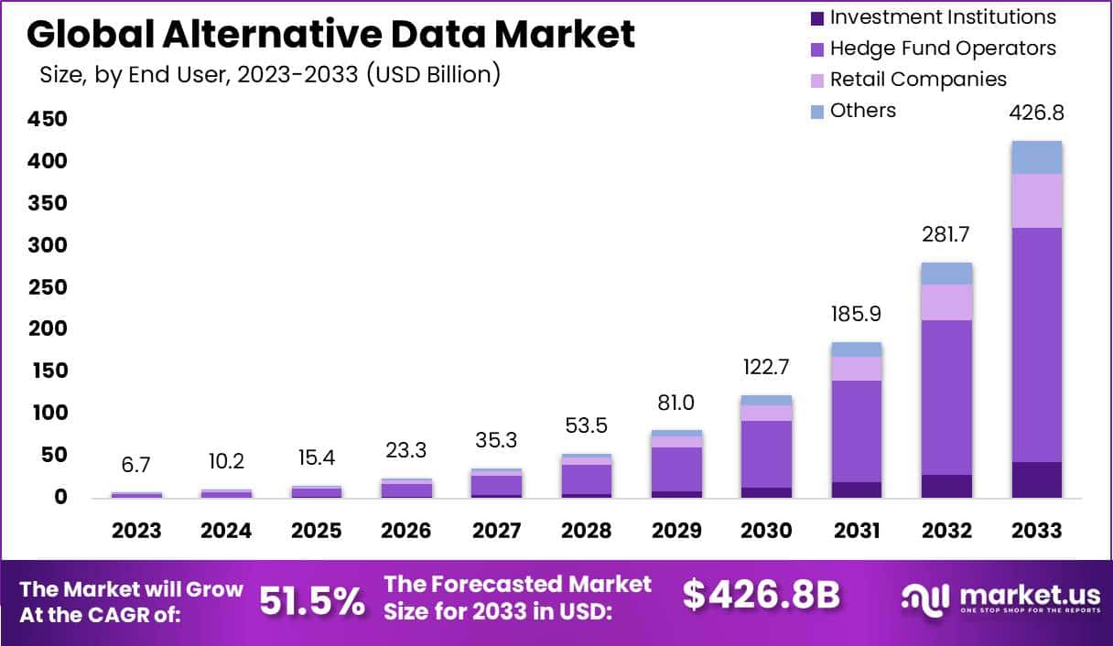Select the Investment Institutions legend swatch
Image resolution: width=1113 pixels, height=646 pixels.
tap(816, 18)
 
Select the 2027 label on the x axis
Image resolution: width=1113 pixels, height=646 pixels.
tap(497, 531)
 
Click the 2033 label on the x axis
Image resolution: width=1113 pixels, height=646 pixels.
tap(1036, 531)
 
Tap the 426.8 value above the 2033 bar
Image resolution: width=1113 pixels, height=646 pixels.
tap(1036, 113)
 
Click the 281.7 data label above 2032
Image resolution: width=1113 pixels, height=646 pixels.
tap(946, 234)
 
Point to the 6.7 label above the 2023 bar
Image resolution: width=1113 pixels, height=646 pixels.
tap(136, 465)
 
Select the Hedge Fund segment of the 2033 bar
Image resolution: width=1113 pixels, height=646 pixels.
tap(1036, 345)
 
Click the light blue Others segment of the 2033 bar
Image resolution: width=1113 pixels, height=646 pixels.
tap(1036, 157)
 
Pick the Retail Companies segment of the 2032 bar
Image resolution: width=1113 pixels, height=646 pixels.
tap(946, 302)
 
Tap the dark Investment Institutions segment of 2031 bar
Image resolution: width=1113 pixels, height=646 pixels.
tap(857, 490)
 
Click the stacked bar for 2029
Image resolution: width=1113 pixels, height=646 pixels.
tap(676, 465)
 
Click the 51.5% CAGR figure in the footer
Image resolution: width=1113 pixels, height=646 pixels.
tap(311, 601)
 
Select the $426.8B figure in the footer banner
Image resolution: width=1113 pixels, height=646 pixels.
tap(761, 596)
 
